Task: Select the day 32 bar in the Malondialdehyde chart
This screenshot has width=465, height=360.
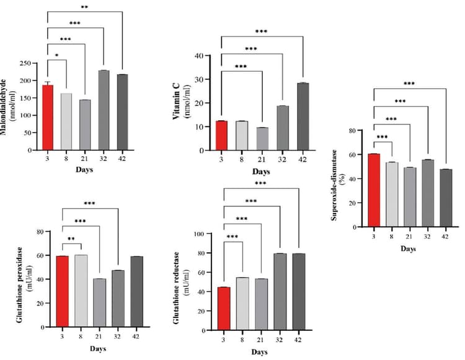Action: click(104, 110)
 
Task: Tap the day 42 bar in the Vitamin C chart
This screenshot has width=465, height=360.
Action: click(303, 116)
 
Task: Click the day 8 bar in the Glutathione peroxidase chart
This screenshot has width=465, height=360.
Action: click(81, 291)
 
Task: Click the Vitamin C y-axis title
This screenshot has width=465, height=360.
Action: click(184, 102)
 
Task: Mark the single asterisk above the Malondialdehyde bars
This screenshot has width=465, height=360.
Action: click(58, 56)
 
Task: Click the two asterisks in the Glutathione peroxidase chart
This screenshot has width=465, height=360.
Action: click(72, 238)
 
